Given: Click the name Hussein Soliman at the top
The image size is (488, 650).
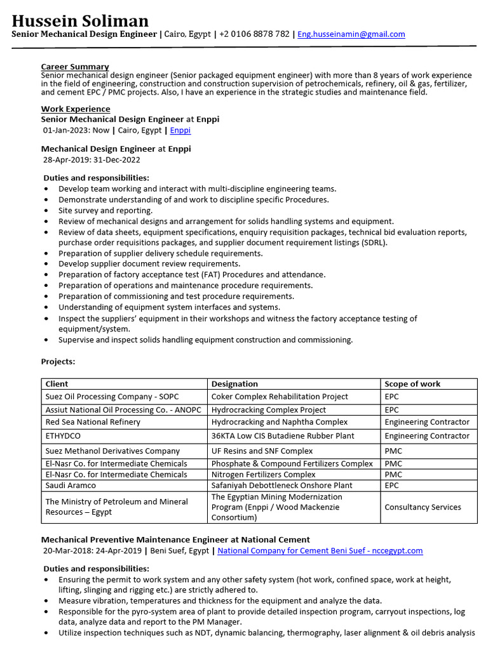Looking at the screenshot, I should pos(80,21).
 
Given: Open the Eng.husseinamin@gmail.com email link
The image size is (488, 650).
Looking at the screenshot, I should pos(351,34).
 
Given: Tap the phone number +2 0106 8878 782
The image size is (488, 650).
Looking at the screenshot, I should pos(254,34).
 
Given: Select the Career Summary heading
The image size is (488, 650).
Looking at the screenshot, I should pos(75,67).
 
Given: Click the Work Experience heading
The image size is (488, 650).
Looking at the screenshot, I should pos(76,109).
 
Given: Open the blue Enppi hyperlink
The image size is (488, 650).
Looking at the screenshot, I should pos(180,131).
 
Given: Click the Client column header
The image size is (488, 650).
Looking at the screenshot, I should pos(57,384).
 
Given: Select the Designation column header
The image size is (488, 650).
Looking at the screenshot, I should pos(234,384).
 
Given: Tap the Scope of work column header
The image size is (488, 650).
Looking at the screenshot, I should pos(412,384).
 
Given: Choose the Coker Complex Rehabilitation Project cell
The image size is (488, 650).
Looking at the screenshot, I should pos(280,397).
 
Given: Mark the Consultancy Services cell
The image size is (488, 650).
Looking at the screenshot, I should pos(423,507).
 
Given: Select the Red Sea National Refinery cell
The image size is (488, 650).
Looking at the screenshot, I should pos(93,422).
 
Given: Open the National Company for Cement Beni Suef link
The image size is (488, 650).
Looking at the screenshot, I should pos(320,551).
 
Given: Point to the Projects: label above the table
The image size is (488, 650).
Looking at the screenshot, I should pos(58,362).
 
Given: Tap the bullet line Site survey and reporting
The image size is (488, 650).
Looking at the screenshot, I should pos(105,211).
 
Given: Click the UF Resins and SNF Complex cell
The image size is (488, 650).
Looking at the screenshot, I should pos(262,451).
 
